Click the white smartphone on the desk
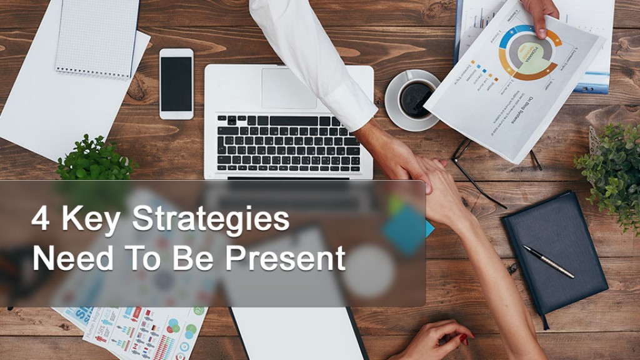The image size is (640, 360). pyautogui.click(x=176, y=83)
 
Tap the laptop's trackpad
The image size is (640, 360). pyautogui.click(x=288, y=88)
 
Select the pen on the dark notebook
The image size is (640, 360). pyautogui.click(x=548, y=261)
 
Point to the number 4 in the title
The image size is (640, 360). pyautogui.click(x=41, y=221)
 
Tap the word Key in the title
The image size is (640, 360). pyautogui.click(x=87, y=221)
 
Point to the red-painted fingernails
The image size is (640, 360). pyautogui.click(x=464, y=339)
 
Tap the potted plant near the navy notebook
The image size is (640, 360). pyautogui.click(x=609, y=169)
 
